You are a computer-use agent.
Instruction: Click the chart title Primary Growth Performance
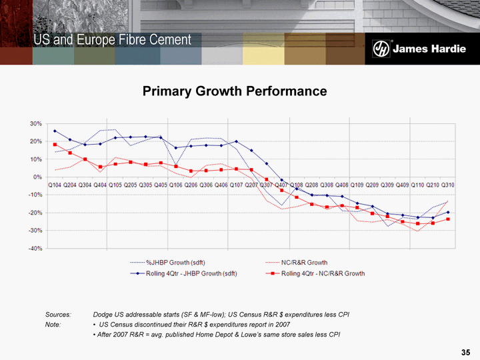click(x=235, y=91)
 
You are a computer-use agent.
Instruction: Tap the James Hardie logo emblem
click(x=381, y=49)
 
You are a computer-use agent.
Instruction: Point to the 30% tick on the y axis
click(x=35, y=124)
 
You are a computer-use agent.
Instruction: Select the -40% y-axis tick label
click(x=34, y=249)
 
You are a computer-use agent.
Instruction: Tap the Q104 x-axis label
click(x=55, y=184)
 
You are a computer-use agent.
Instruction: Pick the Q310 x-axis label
click(x=448, y=184)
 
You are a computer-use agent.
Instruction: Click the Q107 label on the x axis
click(x=236, y=184)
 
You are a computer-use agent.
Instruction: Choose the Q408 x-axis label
click(x=342, y=184)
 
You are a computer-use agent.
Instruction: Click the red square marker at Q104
click(x=55, y=145)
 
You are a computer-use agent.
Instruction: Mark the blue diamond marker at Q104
click(x=55, y=131)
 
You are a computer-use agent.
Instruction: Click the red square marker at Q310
click(x=448, y=219)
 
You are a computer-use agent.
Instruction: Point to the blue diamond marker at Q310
click(x=448, y=213)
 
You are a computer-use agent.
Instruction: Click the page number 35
click(x=465, y=351)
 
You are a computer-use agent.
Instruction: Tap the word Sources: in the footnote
click(x=58, y=313)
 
